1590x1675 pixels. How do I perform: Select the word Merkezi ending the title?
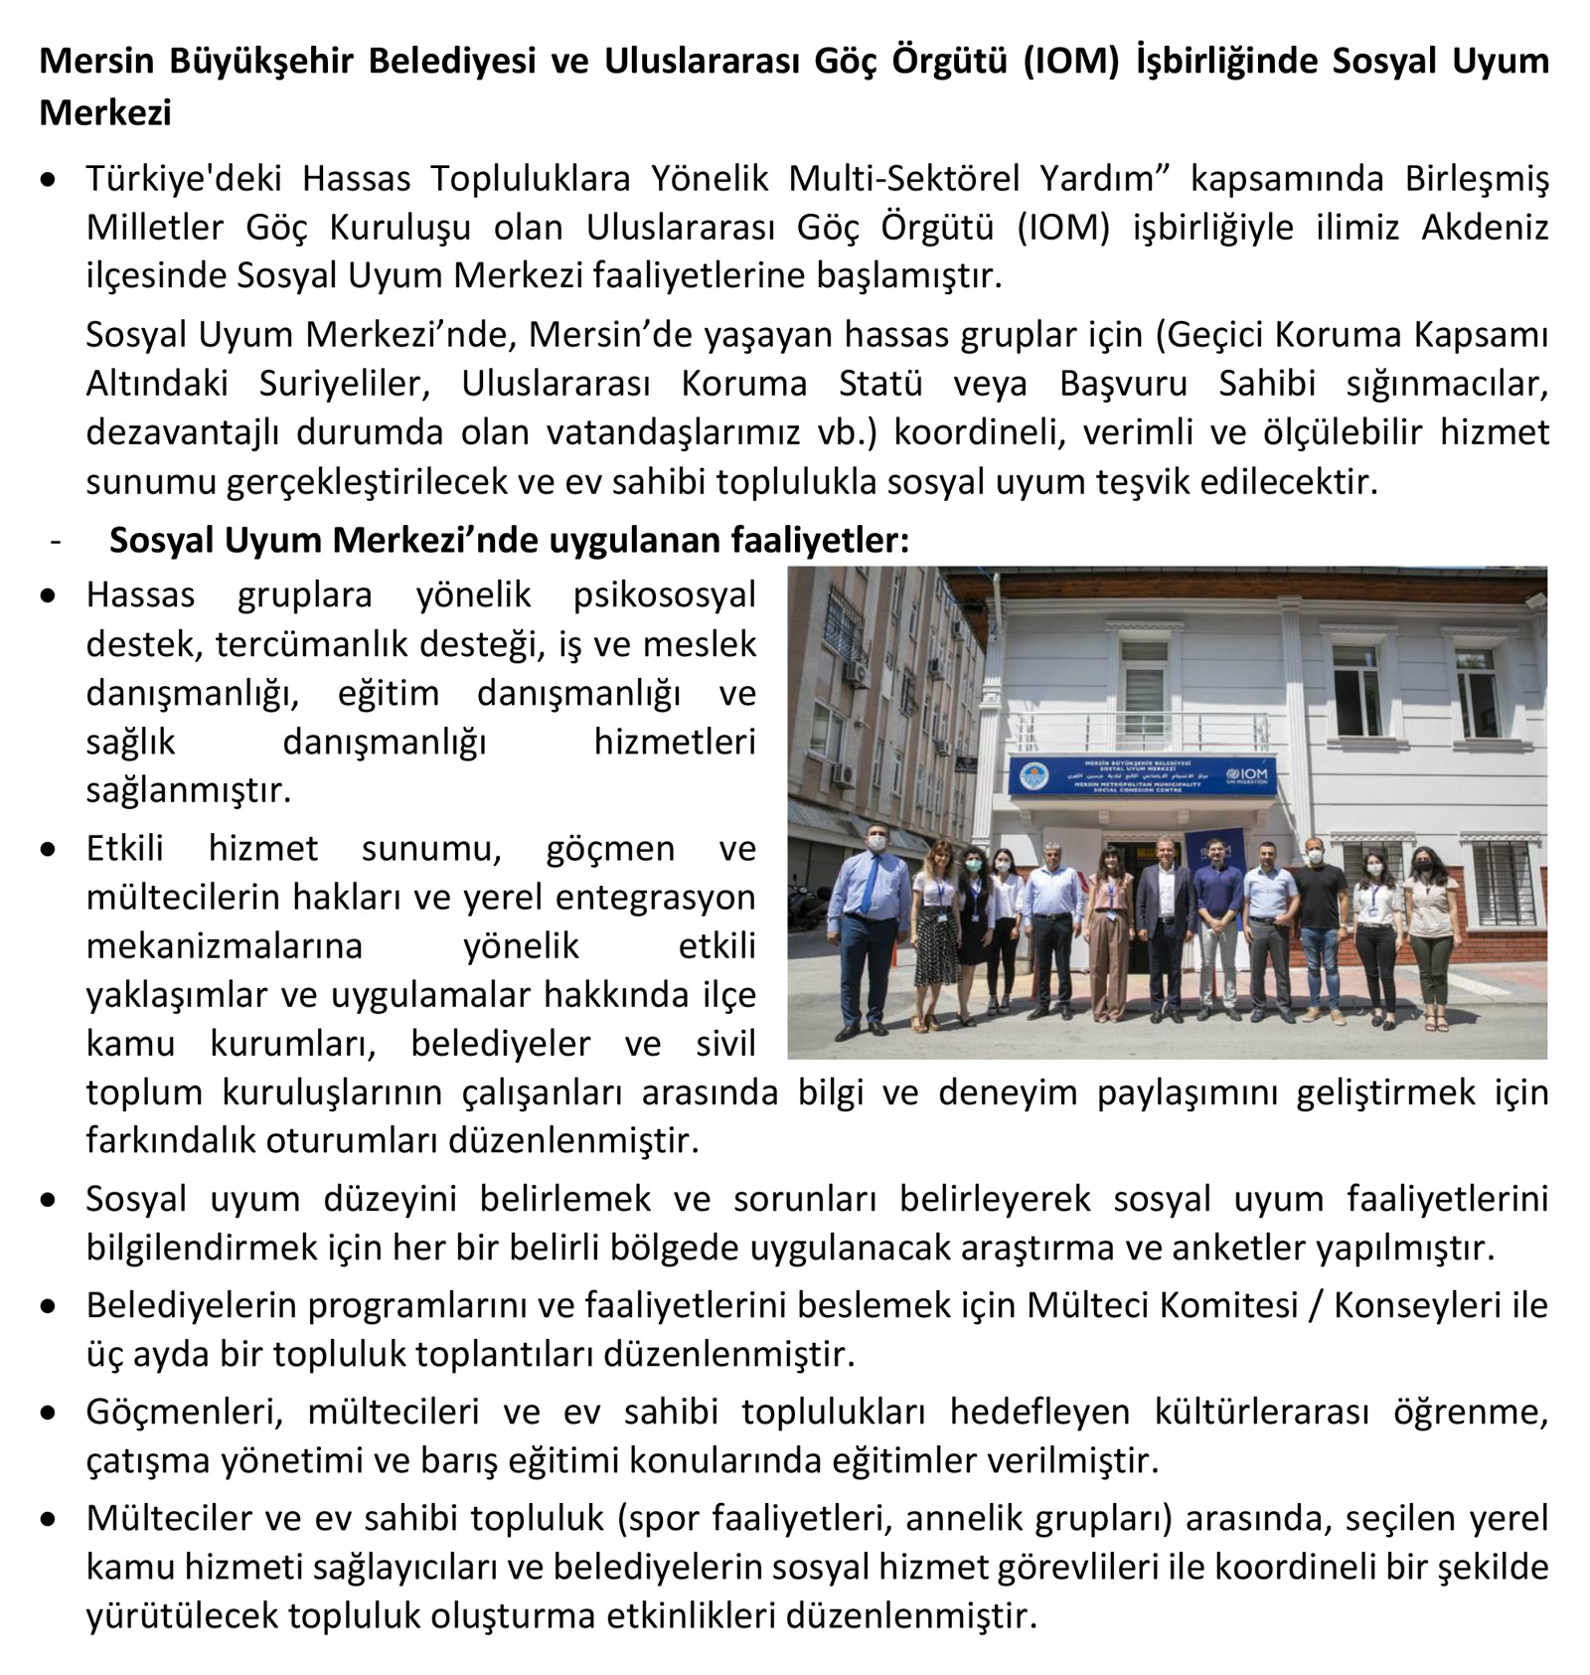coord(105,112)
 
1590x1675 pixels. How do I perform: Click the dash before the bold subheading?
coord(55,540)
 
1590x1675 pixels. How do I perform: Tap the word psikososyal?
coord(664,594)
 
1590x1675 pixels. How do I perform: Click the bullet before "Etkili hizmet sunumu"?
coord(48,850)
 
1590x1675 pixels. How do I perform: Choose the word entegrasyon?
coord(656,897)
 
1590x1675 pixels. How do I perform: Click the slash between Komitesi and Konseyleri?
coord(1316,1305)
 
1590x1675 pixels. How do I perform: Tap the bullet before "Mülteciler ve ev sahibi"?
coord(48,1520)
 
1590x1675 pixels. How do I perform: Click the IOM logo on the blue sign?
coord(1247,776)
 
